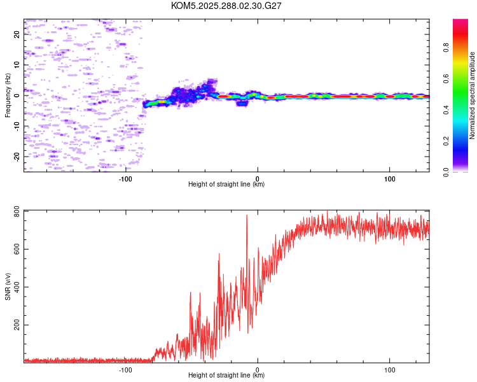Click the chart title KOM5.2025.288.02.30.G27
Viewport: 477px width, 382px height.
click(x=226, y=6)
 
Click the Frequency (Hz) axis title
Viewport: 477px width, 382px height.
click(x=8, y=95)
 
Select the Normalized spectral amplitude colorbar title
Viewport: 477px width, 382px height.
click(x=473, y=95)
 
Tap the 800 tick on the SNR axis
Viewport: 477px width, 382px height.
click(x=17, y=211)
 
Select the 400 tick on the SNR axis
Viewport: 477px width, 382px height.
click(x=17, y=287)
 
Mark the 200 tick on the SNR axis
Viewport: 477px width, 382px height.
click(x=17, y=325)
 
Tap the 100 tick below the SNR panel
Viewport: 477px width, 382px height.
click(x=389, y=369)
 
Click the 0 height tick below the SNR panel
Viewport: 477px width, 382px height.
click(x=258, y=369)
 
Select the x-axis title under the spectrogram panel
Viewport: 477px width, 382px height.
click(x=226, y=185)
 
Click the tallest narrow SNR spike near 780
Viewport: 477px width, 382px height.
click(x=247, y=215)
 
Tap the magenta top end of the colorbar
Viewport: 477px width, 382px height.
click(x=460, y=22)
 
